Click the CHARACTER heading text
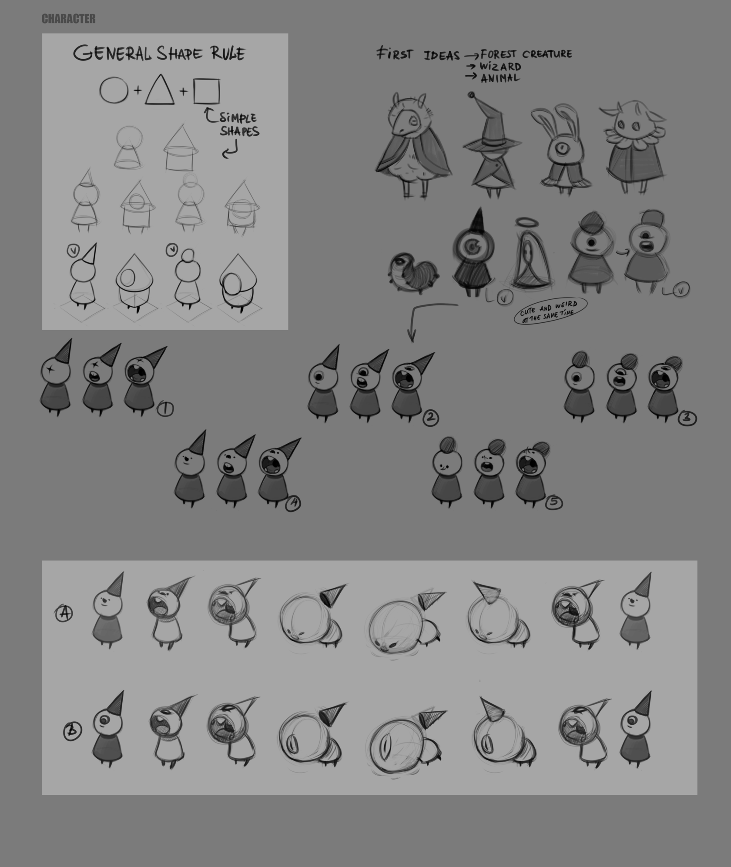(x=69, y=19)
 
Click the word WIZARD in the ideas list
(x=500, y=67)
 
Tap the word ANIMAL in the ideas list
(x=500, y=78)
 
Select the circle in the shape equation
(x=114, y=91)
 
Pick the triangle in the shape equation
(x=160, y=90)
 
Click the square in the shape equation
(x=206, y=91)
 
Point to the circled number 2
(x=430, y=418)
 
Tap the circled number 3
(x=687, y=418)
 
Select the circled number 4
(x=293, y=503)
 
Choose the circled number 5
(x=553, y=503)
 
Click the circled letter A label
(x=64, y=614)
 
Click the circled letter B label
(x=72, y=731)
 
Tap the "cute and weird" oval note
(x=550, y=311)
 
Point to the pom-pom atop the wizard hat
(x=471, y=95)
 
